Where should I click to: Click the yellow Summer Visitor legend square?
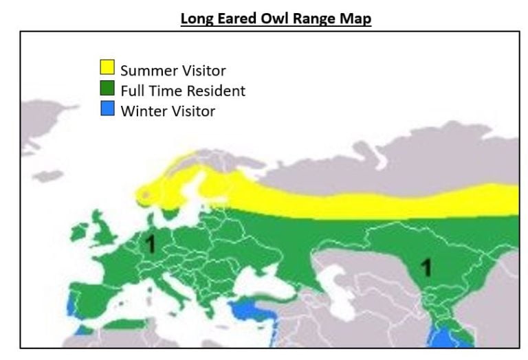coord(107,67)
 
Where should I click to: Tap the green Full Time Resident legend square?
coord(107,88)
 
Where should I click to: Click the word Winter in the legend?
coord(141,111)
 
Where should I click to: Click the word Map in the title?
coord(356,19)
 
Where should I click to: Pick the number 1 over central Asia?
coord(426,267)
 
